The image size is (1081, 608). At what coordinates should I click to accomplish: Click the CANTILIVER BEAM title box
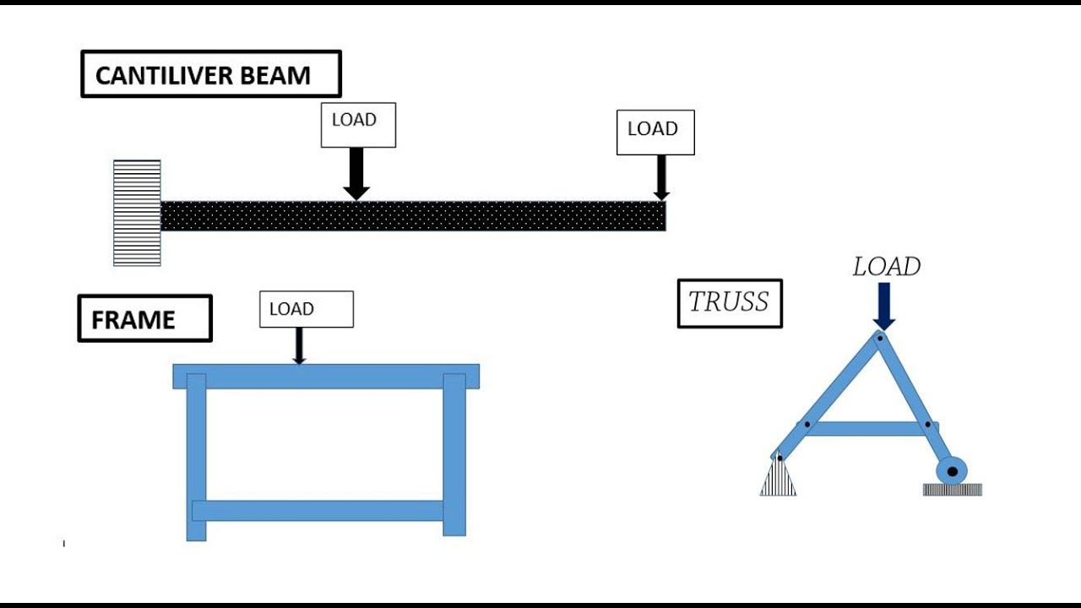211,74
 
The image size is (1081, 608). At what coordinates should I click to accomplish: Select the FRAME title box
144,318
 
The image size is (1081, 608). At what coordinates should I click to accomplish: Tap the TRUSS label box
730,303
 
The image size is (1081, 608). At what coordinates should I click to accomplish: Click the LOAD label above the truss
886,267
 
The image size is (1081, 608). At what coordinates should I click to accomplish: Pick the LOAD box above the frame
306,309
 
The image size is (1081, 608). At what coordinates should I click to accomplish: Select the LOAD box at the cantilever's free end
655,132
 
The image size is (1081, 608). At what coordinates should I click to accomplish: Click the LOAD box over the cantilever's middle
358,125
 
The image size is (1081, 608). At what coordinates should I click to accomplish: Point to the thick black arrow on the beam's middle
356,174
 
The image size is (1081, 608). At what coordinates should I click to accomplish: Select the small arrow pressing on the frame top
298,346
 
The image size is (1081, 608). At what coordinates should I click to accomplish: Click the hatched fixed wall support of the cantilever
137,213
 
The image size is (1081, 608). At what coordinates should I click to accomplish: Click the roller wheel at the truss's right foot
953,471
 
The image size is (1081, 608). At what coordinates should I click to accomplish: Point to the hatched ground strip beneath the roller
952,490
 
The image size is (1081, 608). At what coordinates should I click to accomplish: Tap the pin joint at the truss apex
879,339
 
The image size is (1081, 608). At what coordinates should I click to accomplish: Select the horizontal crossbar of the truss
866,428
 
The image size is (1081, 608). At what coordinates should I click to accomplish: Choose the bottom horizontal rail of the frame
318,510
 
